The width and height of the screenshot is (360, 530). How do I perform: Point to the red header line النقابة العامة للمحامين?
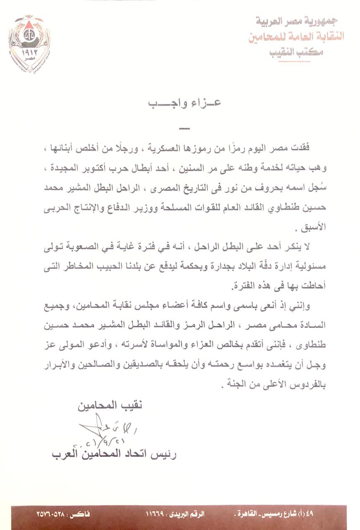296,36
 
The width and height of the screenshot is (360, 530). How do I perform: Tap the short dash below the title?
185,128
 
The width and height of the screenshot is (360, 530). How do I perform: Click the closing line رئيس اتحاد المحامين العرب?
114,454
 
